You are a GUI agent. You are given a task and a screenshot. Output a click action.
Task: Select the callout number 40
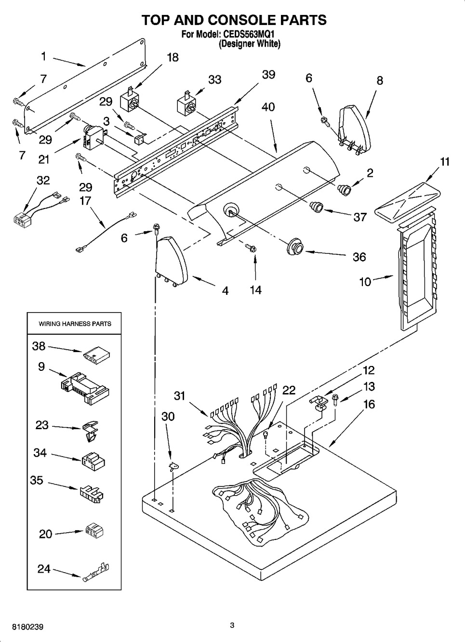pos(268,106)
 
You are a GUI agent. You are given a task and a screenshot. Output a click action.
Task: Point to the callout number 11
pos(445,161)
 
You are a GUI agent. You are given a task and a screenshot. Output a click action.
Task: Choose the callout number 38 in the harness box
pos(39,345)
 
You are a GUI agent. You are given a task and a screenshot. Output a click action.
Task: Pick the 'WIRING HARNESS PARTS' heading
pos(75,324)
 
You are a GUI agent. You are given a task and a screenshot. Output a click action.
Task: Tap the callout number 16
pos(369,404)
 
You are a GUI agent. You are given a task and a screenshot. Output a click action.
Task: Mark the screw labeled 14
pos(251,248)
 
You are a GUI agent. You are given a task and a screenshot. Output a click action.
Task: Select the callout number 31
pos(179,395)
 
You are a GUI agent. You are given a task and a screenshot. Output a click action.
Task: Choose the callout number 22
pos(289,390)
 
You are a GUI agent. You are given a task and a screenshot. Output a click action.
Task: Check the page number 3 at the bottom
pos(232,626)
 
